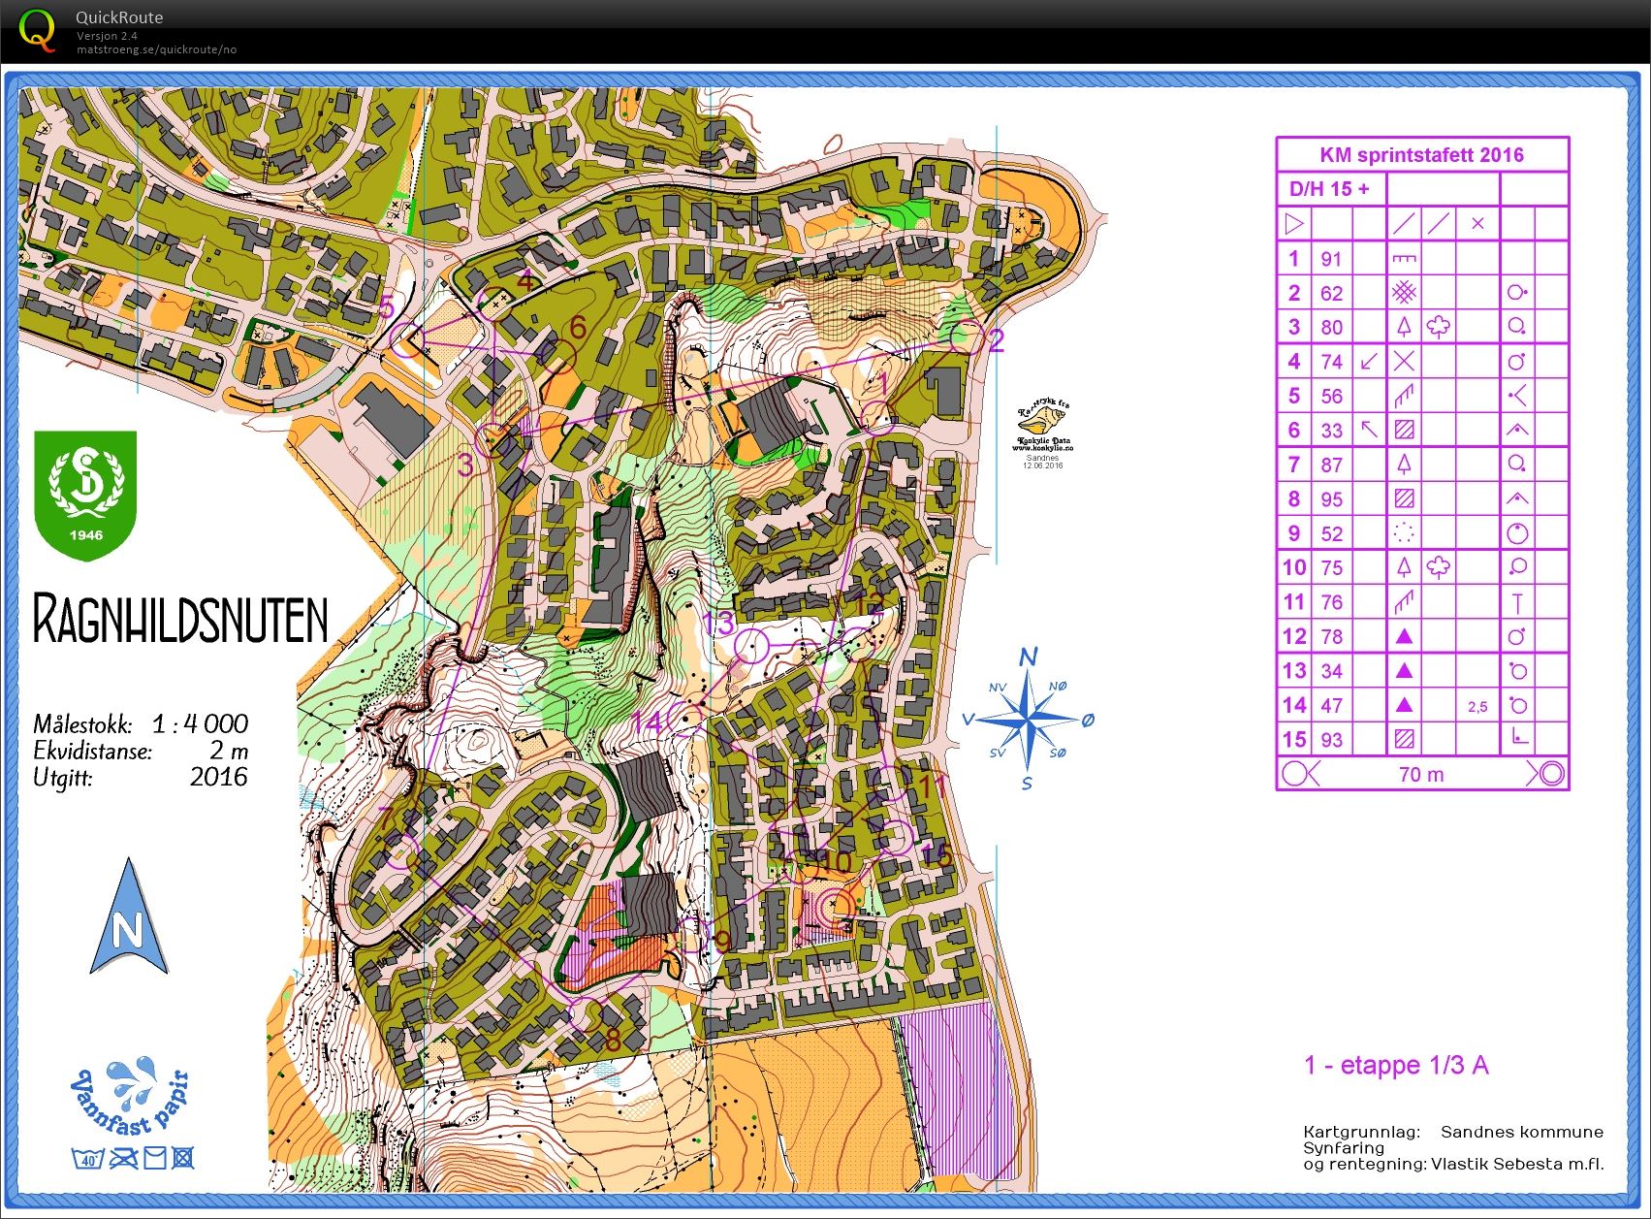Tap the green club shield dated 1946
click(x=85, y=495)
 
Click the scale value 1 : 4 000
click(x=200, y=723)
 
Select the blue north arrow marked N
click(x=128, y=918)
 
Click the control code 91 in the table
click(x=1331, y=259)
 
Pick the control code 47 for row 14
click(x=1331, y=706)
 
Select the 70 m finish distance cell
click(x=1421, y=774)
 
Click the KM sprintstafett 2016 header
click(x=1421, y=155)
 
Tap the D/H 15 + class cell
click(x=1329, y=189)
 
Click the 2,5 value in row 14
click(x=1476, y=707)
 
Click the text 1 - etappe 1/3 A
click(x=1396, y=1065)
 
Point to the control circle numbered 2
click(x=966, y=337)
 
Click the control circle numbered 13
click(x=751, y=645)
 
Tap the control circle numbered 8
click(x=586, y=1014)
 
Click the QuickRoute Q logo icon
click(x=37, y=30)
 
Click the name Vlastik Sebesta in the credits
click(x=1498, y=1164)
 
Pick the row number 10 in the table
click(x=1294, y=567)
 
